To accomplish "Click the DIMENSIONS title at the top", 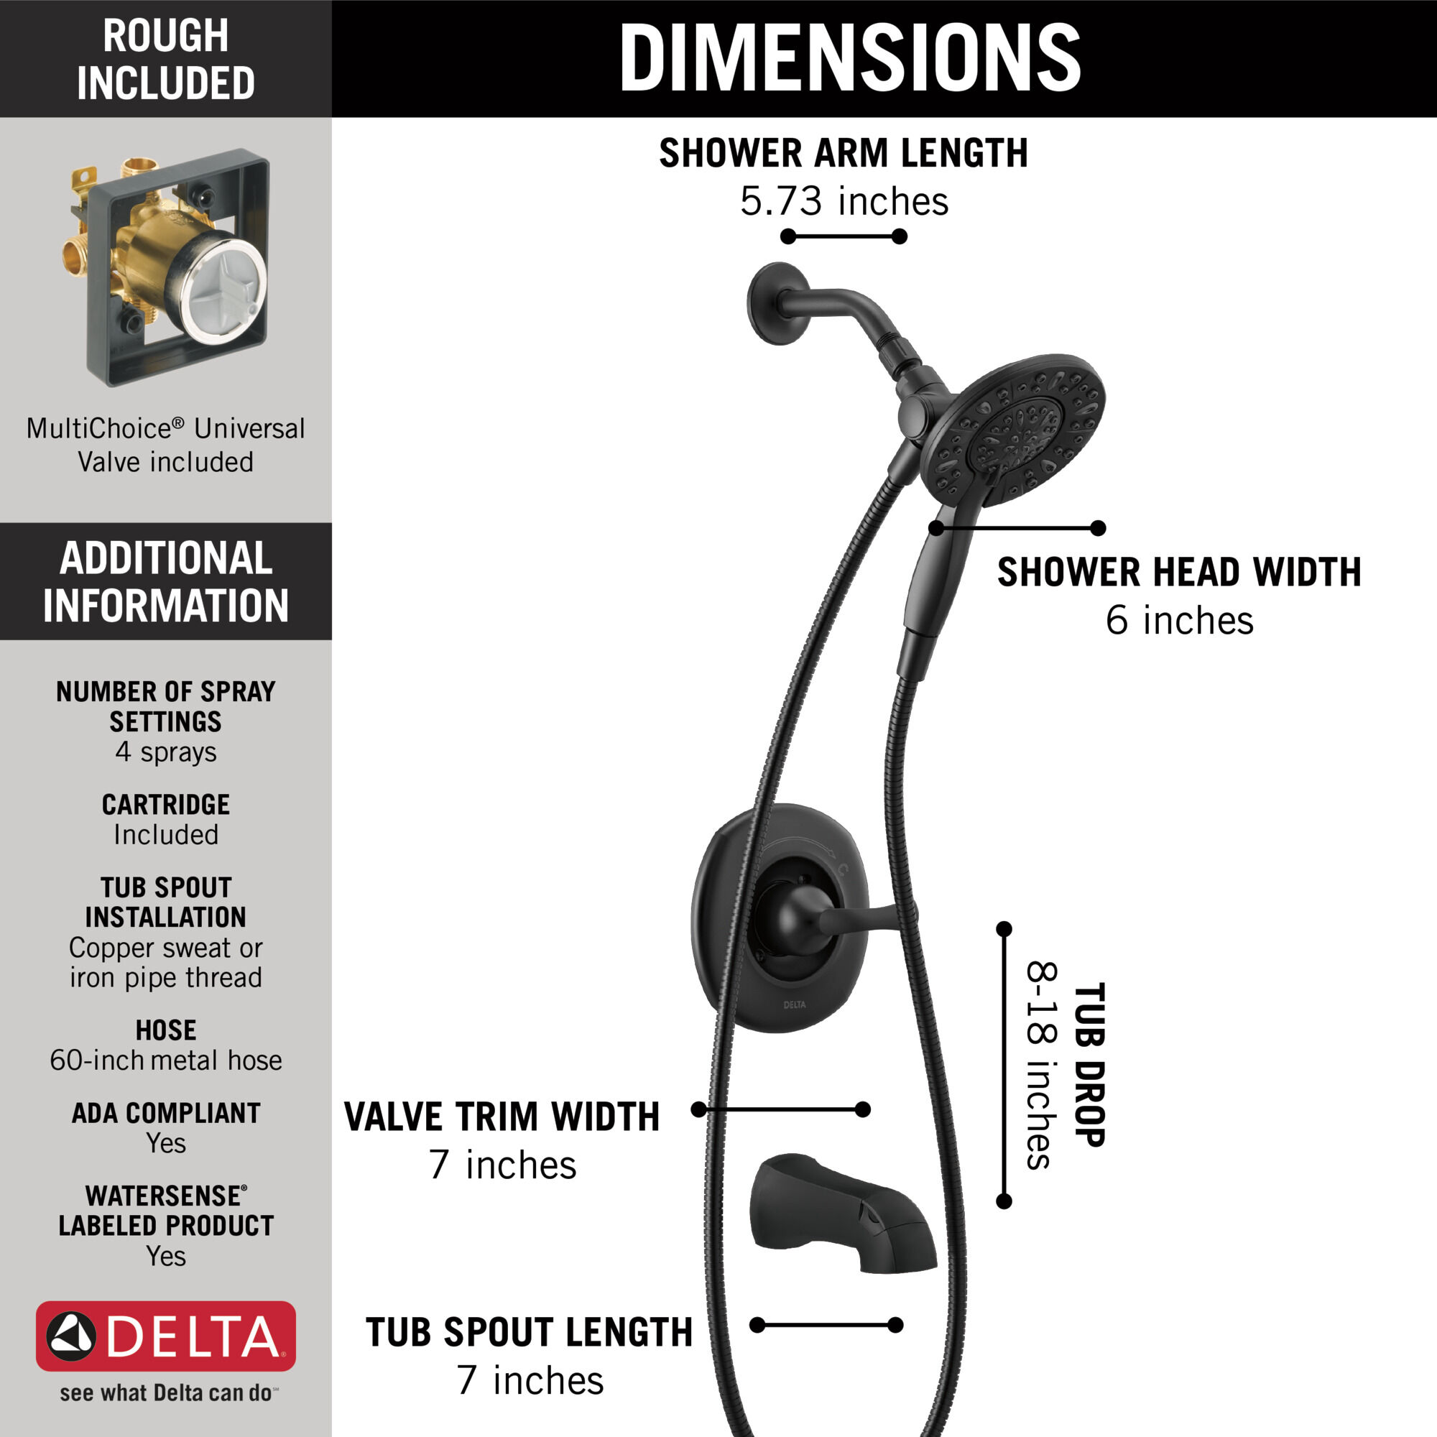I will pos(849,58).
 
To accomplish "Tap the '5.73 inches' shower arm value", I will pos(844,202).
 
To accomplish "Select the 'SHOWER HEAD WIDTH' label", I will pos(1179,573).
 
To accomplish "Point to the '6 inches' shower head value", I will pos(1179,621).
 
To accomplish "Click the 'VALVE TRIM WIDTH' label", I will pos(502,1117).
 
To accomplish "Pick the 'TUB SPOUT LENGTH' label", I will pos(529,1332).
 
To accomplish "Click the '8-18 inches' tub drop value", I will pos(1042,1064).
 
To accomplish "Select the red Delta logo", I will pos(165,1336).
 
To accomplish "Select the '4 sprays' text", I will pos(165,752).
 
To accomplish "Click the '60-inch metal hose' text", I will pos(165,1060).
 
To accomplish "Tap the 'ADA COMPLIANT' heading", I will pos(165,1113).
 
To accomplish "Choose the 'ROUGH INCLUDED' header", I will pos(165,59).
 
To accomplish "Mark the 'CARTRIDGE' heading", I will pos(165,805).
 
